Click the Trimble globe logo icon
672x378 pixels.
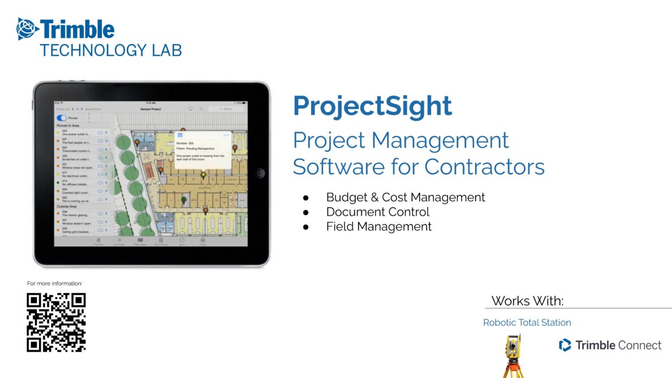tap(27, 28)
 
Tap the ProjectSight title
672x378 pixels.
tap(372, 106)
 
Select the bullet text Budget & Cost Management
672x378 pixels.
tap(406, 197)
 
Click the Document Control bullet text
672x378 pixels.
tap(378, 212)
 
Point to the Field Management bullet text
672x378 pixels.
tap(378, 227)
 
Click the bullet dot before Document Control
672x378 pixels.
tap(306, 212)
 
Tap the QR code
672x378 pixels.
tap(56, 322)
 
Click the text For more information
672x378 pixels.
tap(55, 283)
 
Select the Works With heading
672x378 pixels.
tap(527, 301)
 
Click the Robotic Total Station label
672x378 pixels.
tap(527, 323)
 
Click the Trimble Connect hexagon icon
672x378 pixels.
tap(565, 345)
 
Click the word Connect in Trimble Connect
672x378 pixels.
tap(640, 345)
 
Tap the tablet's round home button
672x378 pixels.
tap(260, 173)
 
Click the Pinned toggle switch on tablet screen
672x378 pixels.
tap(62, 118)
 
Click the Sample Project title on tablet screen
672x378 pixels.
tap(150, 109)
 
